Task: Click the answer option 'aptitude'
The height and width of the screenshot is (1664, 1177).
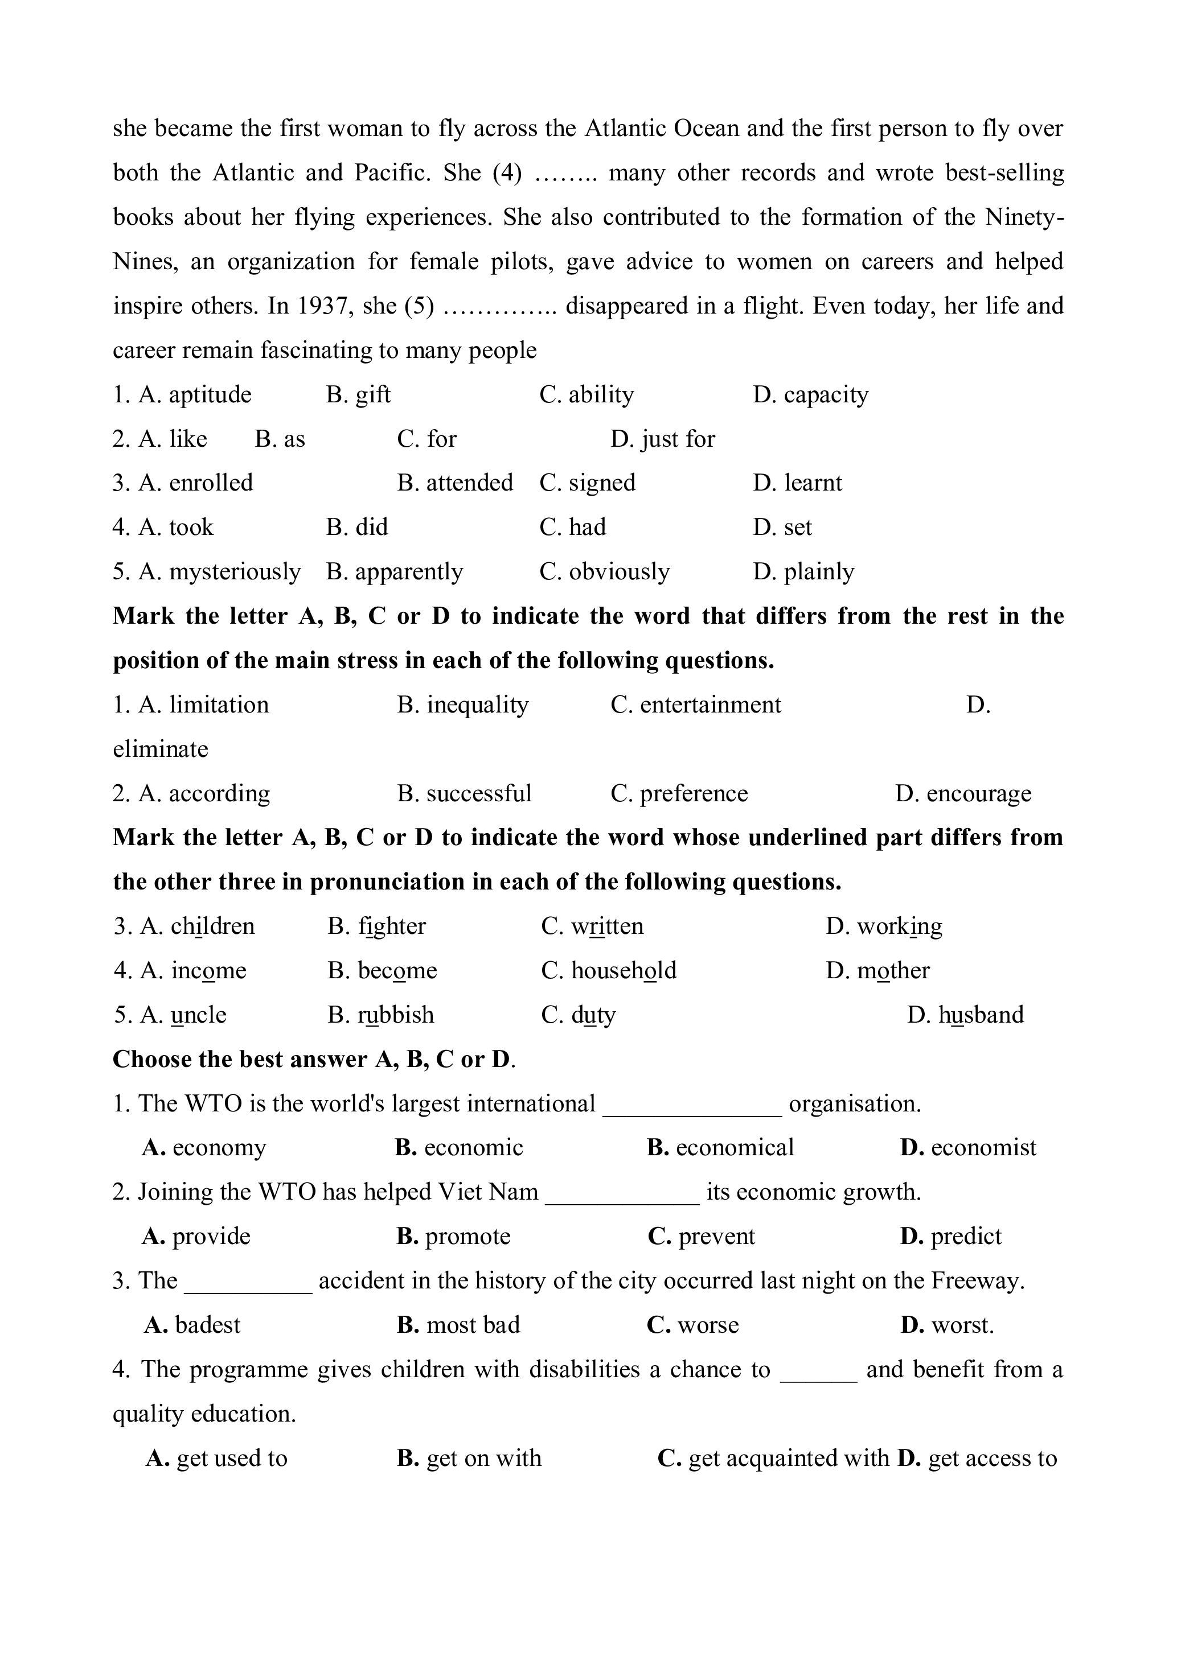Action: click(210, 395)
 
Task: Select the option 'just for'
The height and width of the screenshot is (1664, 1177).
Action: click(678, 439)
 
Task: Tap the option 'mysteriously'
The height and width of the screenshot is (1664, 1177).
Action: click(234, 572)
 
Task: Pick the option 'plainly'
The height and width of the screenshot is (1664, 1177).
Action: click(819, 572)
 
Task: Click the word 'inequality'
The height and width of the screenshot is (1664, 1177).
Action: click(477, 705)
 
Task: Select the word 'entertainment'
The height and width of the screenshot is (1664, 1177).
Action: click(710, 705)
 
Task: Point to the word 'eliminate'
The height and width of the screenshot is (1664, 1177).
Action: click(160, 749)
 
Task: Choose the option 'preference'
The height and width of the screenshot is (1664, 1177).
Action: click(694, 794)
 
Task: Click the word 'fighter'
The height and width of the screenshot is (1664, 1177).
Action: click(392, 927)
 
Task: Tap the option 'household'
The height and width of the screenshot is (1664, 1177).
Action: click(624, 971)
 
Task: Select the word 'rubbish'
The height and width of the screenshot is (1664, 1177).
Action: click(396, 1015)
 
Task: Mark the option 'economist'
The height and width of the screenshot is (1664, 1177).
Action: click(983, 1148)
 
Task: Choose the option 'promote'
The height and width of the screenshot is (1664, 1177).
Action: click(467, 1237)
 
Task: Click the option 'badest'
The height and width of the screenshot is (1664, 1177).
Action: click(207, 1325)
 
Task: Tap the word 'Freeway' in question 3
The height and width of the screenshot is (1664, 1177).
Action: click(975, 1282)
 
